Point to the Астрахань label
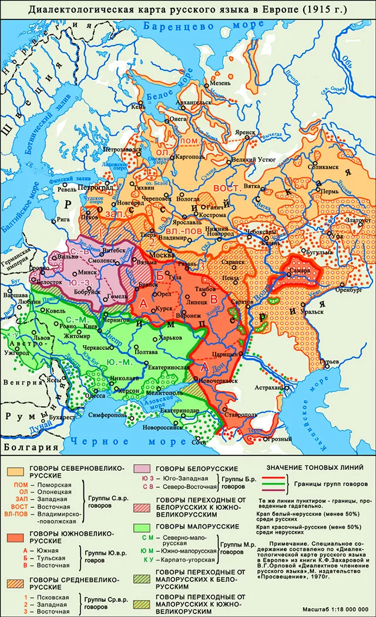pos(268,388)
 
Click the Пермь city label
pos(327,192)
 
